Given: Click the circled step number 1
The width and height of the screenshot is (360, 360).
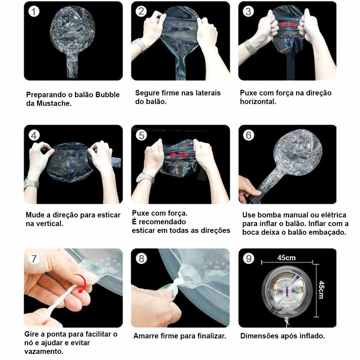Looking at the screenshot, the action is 34,12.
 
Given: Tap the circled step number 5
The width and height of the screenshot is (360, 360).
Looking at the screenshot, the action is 141,135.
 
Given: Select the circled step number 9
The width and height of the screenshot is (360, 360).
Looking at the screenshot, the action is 249,259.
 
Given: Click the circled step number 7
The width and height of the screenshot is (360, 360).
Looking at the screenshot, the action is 34,259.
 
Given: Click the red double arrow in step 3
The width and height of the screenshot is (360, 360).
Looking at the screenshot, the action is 288,24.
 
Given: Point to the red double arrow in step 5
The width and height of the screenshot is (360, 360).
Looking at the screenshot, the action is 179,155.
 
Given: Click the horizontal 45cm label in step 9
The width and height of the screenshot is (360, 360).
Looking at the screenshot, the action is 286,258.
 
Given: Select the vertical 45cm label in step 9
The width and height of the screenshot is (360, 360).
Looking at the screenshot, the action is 321,290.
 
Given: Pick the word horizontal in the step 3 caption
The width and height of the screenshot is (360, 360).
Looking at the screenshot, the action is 258,102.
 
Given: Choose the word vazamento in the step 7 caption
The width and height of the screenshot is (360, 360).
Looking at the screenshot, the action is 44,351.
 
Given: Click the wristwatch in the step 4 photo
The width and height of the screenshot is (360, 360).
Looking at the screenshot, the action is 32,183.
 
